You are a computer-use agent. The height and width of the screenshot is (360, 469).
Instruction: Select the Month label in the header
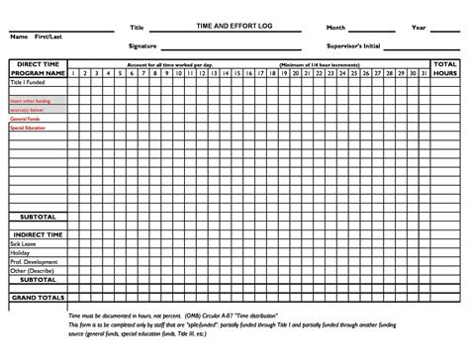[x=336, y=27]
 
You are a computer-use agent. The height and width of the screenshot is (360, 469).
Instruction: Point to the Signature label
[x=144, y=45]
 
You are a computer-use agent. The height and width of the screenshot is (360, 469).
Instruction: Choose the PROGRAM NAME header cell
[x=39, y=72]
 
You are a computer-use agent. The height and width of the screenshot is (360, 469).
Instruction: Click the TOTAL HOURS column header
[x=444, y=68]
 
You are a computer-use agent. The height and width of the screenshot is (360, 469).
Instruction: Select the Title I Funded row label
[x=27, y=83]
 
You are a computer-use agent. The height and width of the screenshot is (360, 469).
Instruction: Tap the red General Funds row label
[x=27, y=118]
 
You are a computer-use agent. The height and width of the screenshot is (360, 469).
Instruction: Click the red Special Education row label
[x=30, y=127]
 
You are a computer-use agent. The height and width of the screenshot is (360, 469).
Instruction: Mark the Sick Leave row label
[x=24, y=241]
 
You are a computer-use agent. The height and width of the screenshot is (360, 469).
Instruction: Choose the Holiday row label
[x=21, y=252]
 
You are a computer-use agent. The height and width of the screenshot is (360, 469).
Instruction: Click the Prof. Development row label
[x=31, y=262]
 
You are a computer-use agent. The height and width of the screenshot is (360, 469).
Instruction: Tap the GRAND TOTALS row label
[x=39, y=297]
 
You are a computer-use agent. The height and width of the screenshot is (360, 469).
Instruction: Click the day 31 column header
[x=422, y=72]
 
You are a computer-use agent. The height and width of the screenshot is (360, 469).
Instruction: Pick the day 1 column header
[x=75, y=72]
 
